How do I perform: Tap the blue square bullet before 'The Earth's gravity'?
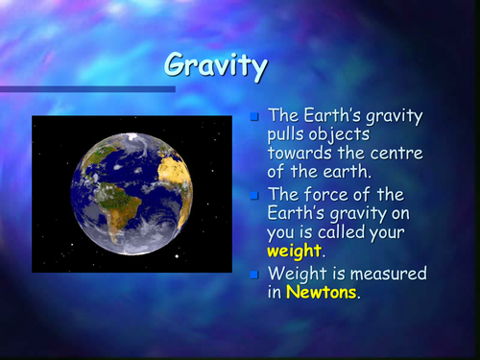pyautogui.click(x=254, y=118)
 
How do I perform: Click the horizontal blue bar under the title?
pyautogui.click(x=86, y=89)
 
